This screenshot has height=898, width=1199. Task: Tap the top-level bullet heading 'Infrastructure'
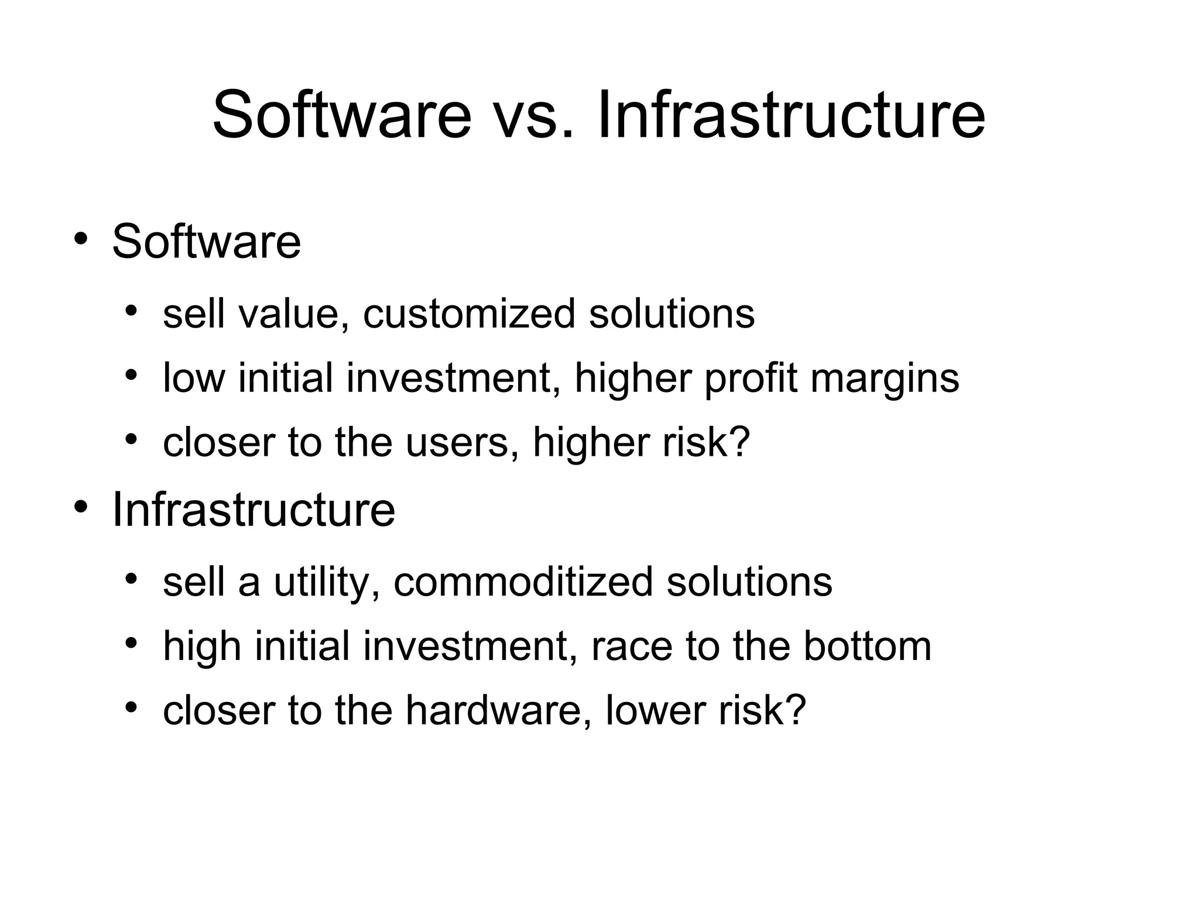253,510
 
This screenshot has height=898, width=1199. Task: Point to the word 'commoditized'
523,582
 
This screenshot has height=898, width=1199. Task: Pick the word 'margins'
885,379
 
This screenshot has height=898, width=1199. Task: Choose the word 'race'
632,647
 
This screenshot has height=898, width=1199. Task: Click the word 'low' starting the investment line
193,378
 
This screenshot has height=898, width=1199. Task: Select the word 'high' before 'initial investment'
201,646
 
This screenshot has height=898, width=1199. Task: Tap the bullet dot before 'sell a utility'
131,579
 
